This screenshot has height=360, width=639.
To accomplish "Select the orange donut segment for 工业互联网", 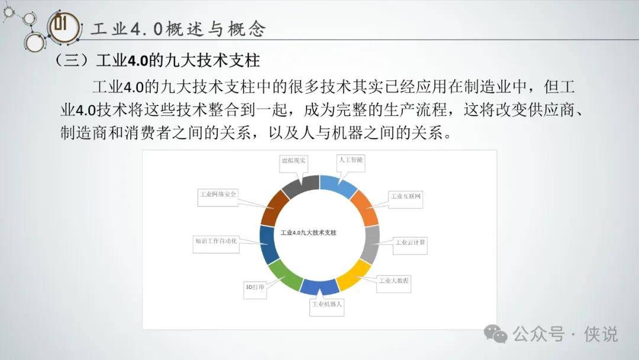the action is click(x=365, y=207).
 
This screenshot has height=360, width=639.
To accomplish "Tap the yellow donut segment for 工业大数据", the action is click(x=353, y=275).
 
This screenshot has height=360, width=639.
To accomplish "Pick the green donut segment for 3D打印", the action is click(x=285, y=275).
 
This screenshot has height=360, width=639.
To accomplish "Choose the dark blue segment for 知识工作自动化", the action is click(x=268, y=245).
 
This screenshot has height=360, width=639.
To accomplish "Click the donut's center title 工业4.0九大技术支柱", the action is click(x=308, y=233).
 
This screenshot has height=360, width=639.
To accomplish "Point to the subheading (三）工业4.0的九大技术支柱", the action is click(x=157, y=61).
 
